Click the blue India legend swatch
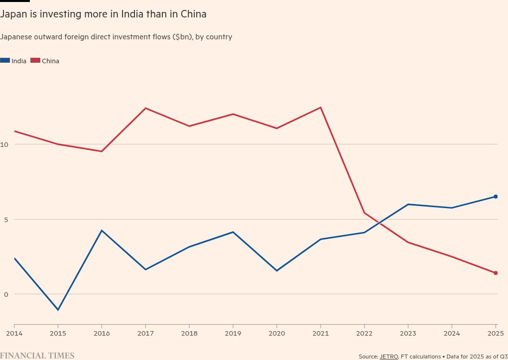pos(5,61)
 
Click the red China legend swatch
pos(35,61)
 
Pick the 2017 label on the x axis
pos(145,333)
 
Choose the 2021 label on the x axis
pos(321,333)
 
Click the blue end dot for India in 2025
pos(496,197)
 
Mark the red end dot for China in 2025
pos(496,273)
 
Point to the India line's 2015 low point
pos(58,310)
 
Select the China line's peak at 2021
pos(321,108)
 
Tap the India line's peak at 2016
pos(102,231)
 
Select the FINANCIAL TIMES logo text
pos(37,356)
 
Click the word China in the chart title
pos(193,14)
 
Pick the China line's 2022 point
pos(365,213)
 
